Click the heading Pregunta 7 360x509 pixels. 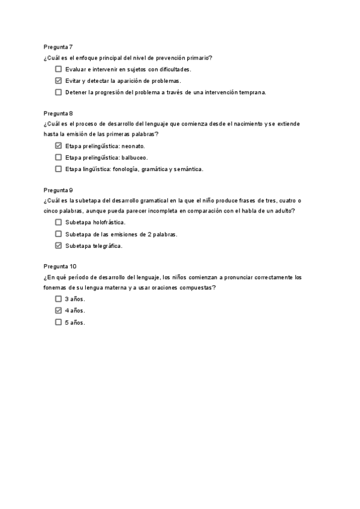[x=58, y=46]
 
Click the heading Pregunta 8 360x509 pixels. [x=58, y=113]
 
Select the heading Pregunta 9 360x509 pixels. [x=58, y=190]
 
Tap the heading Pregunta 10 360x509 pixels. [x=60, y=266]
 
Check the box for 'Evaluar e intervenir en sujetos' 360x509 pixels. [x=58, y=70]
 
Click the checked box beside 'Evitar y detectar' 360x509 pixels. [x=58, y=81]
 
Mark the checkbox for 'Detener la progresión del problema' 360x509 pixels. [x=58, y=92]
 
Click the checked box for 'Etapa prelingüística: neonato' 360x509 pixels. [x=58, y=146]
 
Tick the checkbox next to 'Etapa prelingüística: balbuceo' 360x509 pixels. [x=58, y=157]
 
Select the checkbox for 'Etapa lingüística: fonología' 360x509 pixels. [x=58, y=169]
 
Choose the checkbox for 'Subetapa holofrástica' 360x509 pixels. [x=58, y=223]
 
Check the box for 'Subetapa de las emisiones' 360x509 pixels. [x=58, y=234]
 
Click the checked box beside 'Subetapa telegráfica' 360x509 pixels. [x=58, y=245]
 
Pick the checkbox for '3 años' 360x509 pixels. [x=58, y=299]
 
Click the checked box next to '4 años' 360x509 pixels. [x=58, y=310]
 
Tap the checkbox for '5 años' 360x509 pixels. [x=58, y=322]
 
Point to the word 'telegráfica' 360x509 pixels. [x=106, y=246]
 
